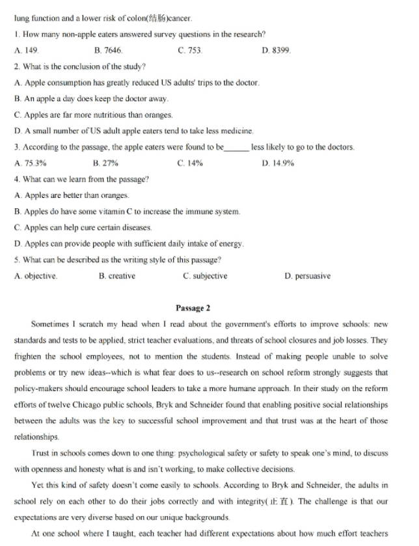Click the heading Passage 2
click(193, 308)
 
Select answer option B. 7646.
click(108, 50)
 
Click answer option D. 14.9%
click(278, 163)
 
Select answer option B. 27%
click(106, 163)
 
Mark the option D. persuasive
click(308, 276)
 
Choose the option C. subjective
click(205, 276)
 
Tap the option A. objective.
click(36, 276)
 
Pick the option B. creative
click(117, 276)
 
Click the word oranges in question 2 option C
click(158, 115)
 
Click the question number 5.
click(16, 260)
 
